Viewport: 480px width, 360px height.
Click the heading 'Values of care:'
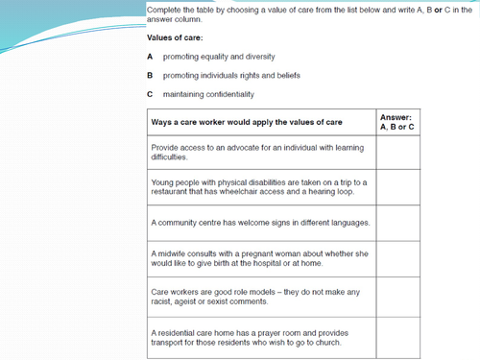[175, 38]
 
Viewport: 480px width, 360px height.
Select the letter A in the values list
[150, 57]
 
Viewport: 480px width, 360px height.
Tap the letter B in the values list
[150, 75]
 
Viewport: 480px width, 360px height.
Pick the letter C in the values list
[150, 94]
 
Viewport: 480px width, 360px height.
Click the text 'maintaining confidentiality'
[209, 94]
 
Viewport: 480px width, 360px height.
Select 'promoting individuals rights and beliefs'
[229, 75]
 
